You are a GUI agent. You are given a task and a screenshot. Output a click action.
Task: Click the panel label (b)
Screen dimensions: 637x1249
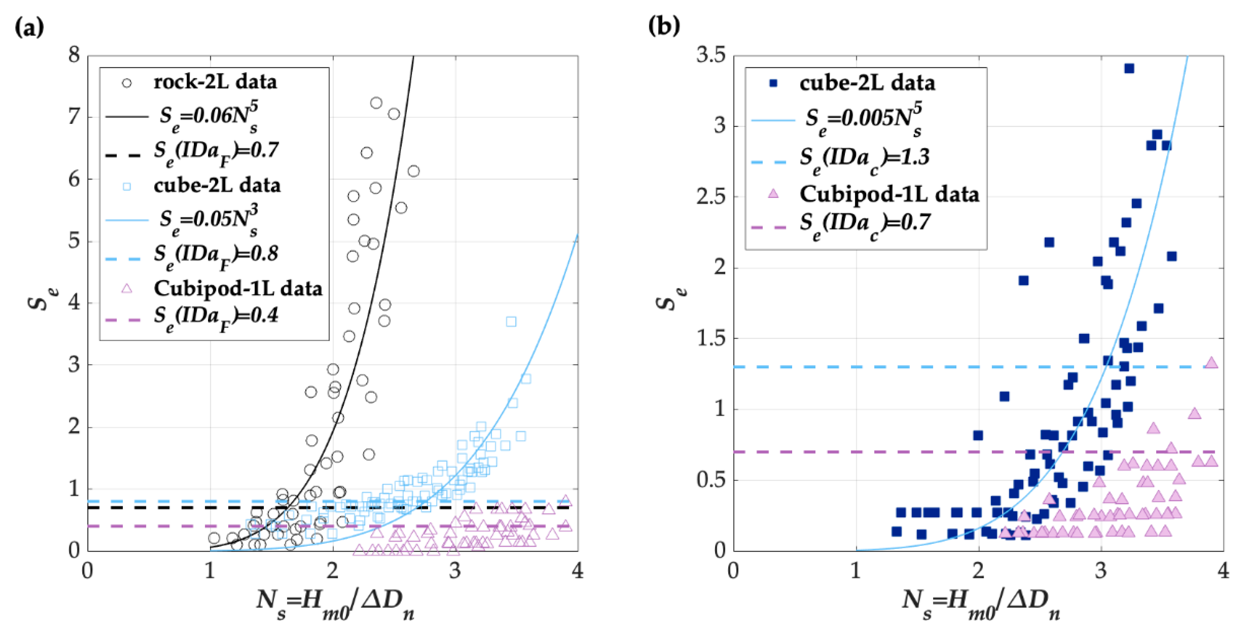point(664,26)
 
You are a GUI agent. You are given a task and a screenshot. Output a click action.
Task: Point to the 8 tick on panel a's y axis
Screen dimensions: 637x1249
point(74,55)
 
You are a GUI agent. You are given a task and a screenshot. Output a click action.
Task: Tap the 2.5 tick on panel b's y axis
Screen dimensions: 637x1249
point(711,197)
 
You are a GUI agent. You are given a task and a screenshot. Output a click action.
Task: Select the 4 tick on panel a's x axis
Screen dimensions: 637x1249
point(577,570)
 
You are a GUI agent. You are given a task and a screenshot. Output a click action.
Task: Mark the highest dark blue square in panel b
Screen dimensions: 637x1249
point(1129,68)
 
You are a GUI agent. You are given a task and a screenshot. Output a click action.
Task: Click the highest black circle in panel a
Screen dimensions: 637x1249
point(376,103)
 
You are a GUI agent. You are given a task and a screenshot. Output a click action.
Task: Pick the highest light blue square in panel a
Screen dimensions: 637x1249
point(511,321)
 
